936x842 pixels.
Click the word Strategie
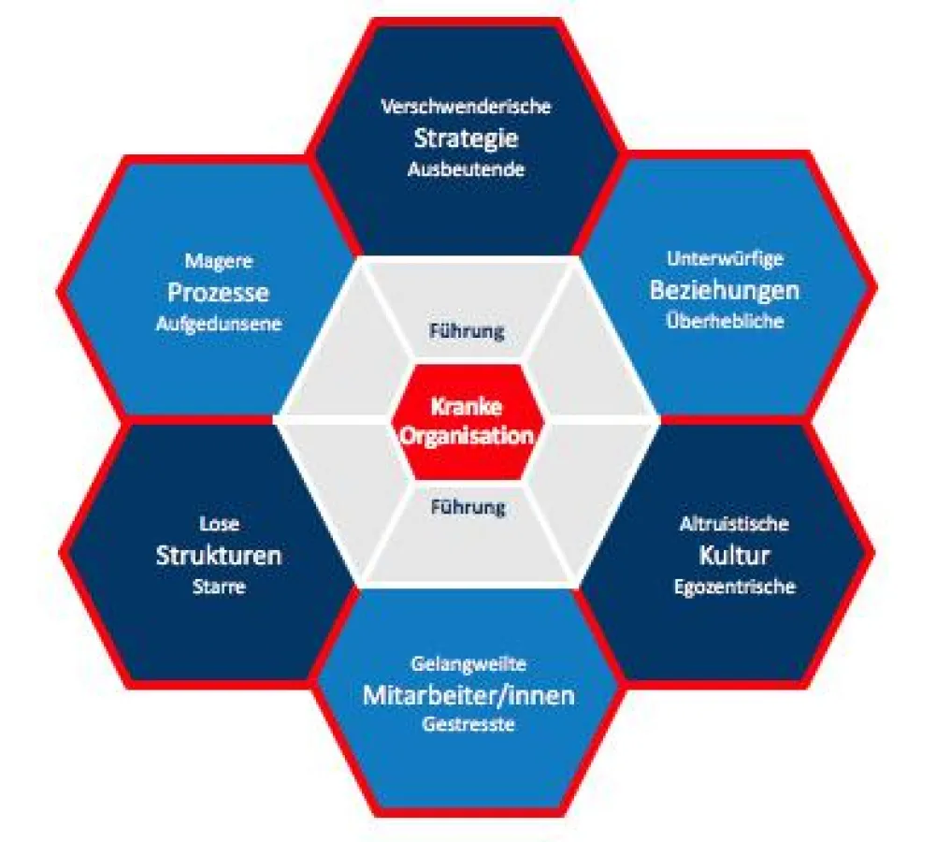[x=467, y=139]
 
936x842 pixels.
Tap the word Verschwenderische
[x=467, y=107]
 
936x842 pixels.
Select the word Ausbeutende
[x=467, y=169]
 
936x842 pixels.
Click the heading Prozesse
[x=219, y=293]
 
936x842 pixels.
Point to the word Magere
[x=219, y=261]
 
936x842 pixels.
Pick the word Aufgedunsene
[x=219, y=324]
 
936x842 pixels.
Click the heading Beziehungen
[x=724, y=291]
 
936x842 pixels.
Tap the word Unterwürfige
[x=725, y=258]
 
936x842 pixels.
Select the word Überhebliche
[x=725, y=321]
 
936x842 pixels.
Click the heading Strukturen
[x=219, y=556]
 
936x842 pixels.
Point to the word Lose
[x=219, y=524]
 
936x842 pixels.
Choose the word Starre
[x=219, y=587]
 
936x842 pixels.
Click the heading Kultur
[x=734, y=556]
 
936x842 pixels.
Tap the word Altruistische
[x=734, y=524]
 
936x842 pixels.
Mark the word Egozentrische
[x=735, y=587]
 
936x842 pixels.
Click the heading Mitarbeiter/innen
[x=468, y=695]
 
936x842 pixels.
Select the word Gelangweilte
[x=468, y=663]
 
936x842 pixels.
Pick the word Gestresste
[x=468, y=724]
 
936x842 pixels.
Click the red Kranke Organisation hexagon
[x=467, y=422]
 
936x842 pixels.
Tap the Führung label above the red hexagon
[x=467, y=331]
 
